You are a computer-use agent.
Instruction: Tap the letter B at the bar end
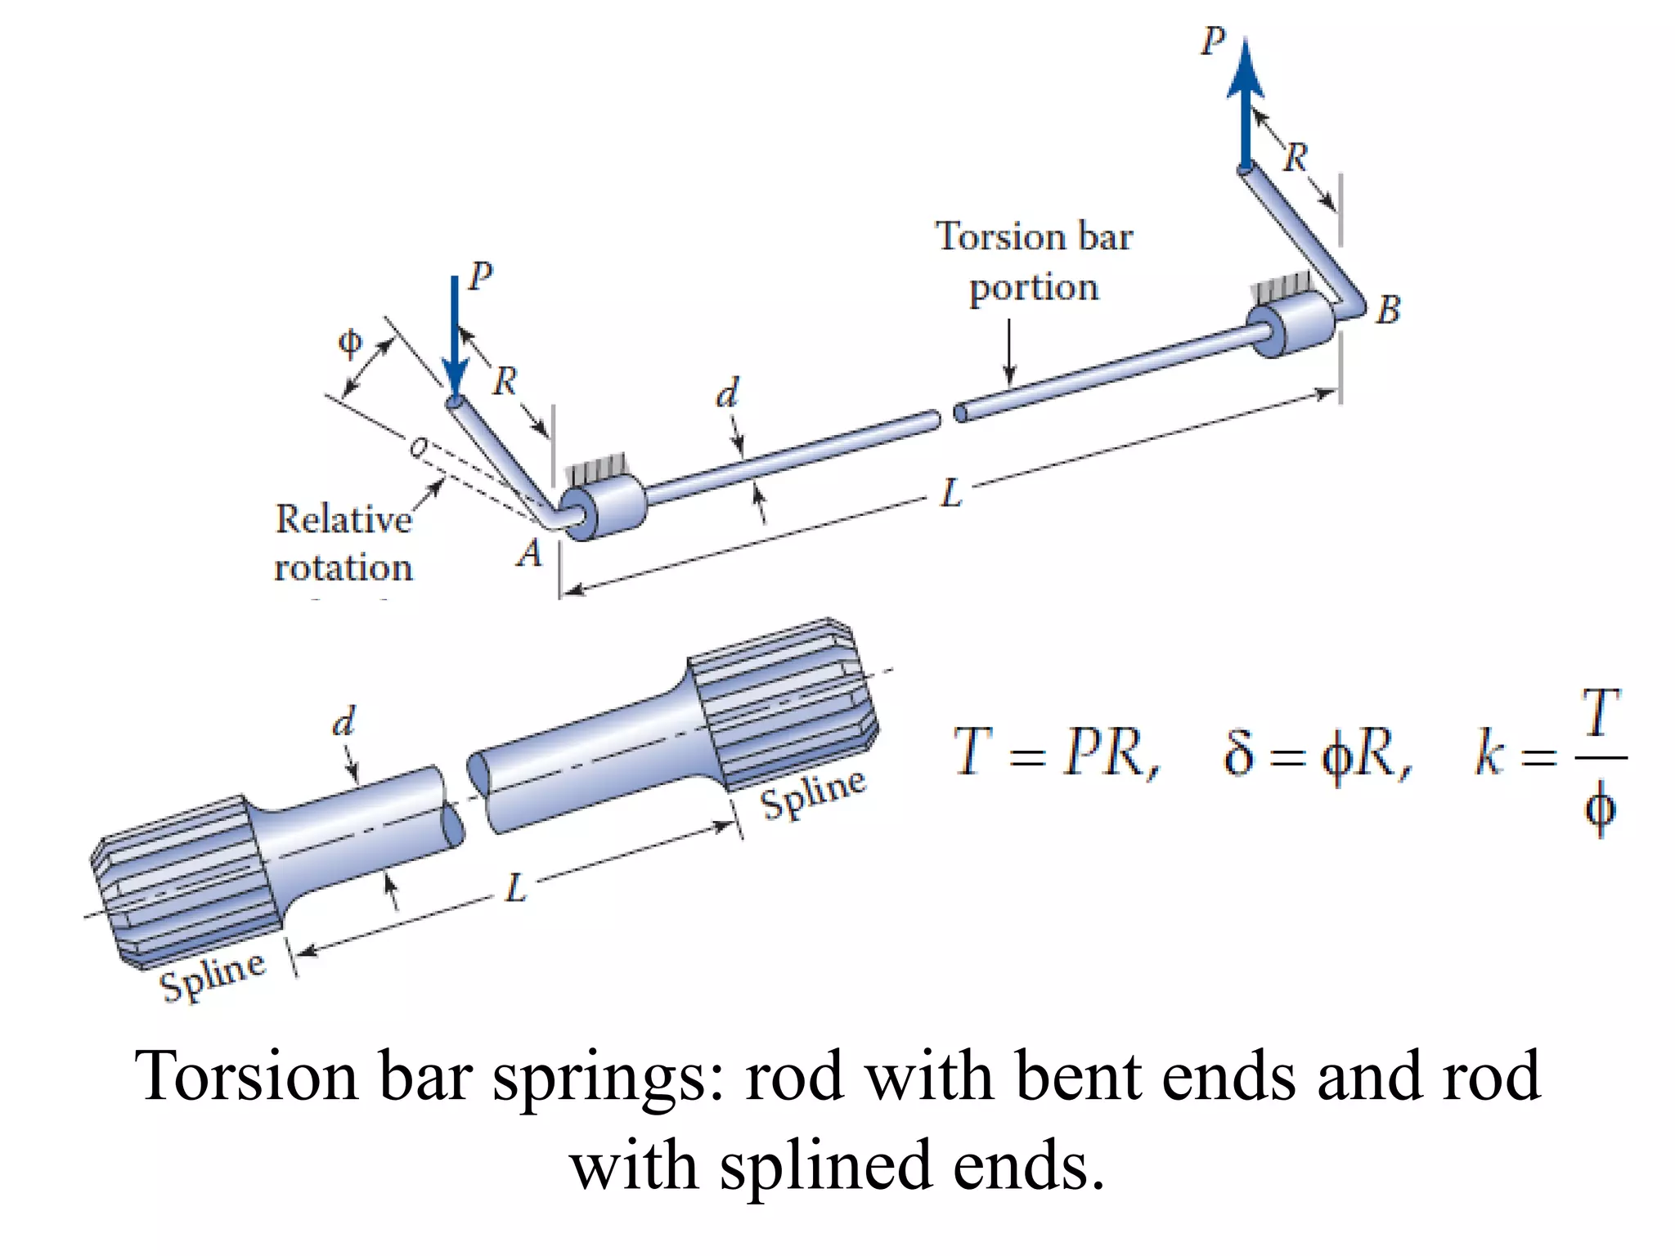(1388, 310)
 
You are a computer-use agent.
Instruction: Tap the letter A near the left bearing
(530, 554)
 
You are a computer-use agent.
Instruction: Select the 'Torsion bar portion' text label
(1034, 262)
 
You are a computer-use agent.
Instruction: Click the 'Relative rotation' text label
(344, 543)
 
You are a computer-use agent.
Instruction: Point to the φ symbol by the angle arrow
(349, 342)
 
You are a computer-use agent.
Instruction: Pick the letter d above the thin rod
(727, 393)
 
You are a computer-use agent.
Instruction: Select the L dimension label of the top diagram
(951, 494)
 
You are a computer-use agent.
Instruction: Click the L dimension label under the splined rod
(516, 888)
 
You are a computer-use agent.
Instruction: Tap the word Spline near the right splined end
(812, 793)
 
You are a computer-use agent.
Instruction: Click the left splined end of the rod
(184, 879)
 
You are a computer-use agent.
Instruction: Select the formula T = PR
(1055, 752)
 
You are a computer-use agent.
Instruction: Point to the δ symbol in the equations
(1237, 752)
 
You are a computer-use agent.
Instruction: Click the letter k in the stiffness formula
(1489, 754)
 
